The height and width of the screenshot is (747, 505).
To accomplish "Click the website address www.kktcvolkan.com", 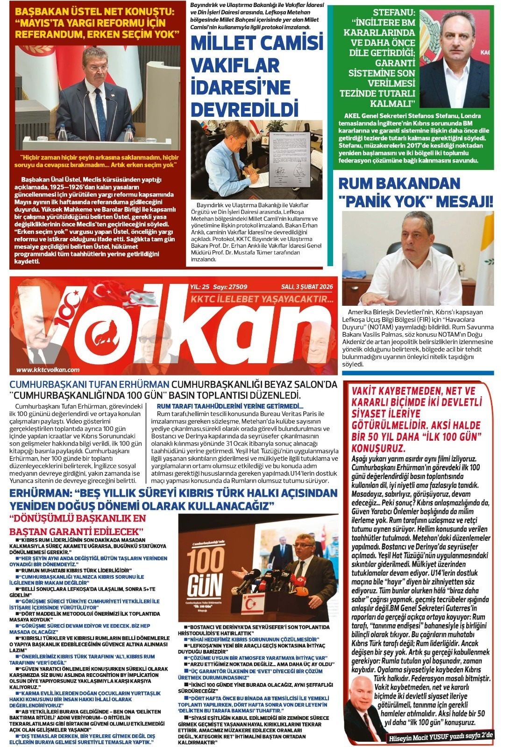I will [48, 370].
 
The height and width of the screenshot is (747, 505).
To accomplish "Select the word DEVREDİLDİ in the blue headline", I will [244, 109].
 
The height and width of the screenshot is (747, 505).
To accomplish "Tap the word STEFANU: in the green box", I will [394, 13].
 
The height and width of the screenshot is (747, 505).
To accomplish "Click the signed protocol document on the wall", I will [286, 154].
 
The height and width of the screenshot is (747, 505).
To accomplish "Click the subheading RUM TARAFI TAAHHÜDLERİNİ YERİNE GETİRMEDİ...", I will [230, 406].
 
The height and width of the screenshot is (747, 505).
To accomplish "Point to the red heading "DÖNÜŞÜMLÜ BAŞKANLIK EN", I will [78, 518].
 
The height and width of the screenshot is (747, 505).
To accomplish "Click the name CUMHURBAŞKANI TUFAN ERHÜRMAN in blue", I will [89, 385].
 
